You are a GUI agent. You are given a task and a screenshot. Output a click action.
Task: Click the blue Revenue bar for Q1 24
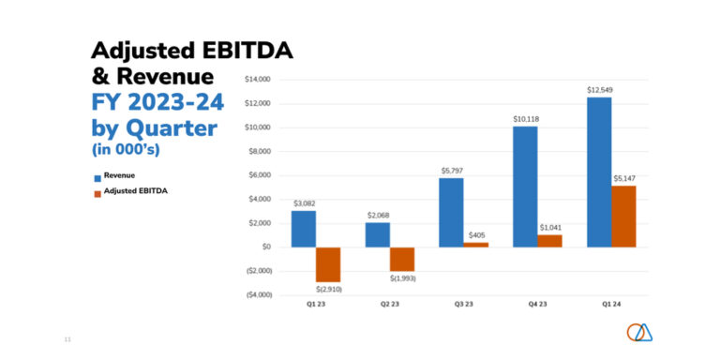click(599, 172)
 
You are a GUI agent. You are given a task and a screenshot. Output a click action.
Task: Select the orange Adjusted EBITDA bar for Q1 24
click(623, 217)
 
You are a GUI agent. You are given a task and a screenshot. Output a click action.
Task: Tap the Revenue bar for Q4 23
click(525, 187)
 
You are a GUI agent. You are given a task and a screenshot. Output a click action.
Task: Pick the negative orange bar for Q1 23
click(328, 264)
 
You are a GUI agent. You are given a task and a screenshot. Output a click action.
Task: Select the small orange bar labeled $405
click(476, 245)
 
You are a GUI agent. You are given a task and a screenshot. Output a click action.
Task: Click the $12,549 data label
click(600, 90)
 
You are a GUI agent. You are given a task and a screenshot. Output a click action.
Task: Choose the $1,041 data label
click(550, 228)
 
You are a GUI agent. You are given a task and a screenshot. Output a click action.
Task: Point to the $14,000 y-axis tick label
click(257, 80)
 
